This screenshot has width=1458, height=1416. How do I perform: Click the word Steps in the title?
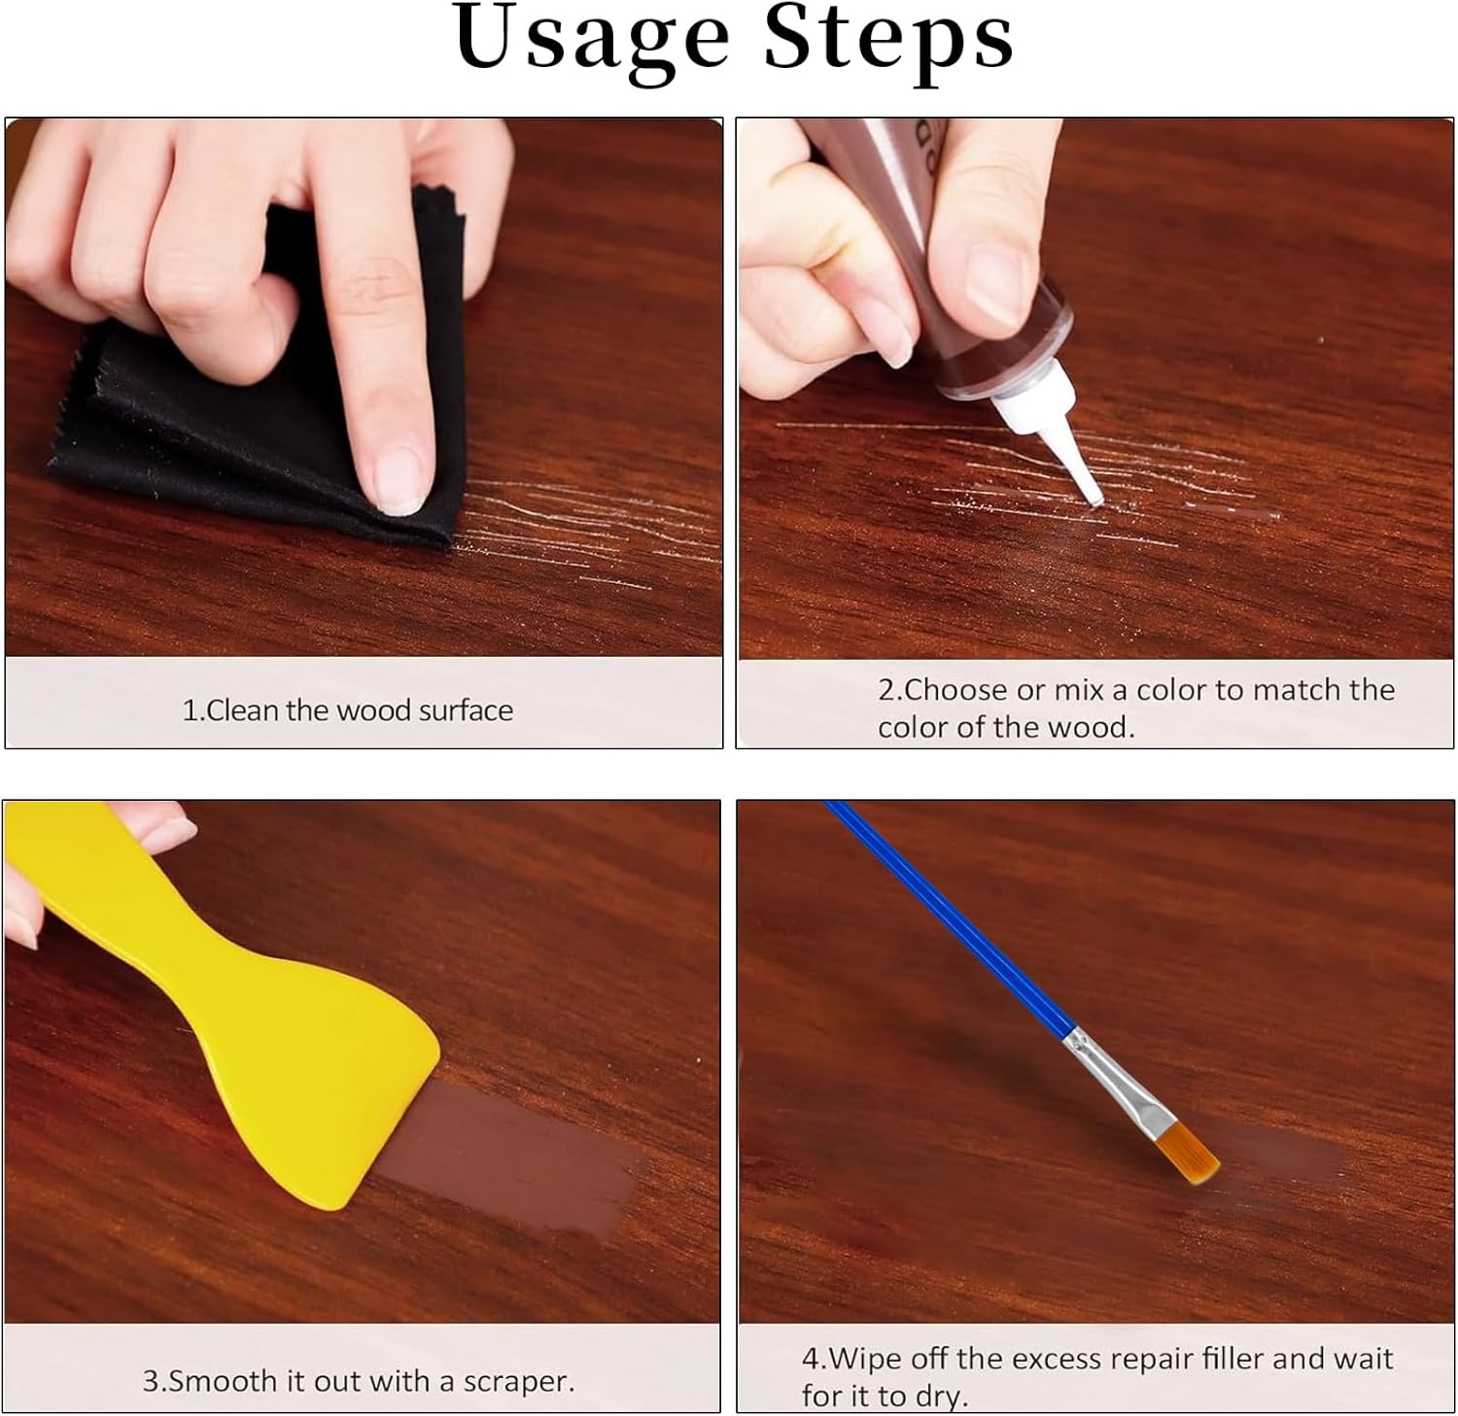click(x=888, y=39)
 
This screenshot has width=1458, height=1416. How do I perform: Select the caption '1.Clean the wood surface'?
click(x=347, y=710)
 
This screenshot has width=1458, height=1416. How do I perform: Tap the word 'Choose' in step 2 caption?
click(x=955, y=690)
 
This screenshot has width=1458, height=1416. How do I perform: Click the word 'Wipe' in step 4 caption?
click(x=867, y=1359)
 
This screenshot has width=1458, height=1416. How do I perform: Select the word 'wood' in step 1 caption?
click(x=374, y=710)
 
